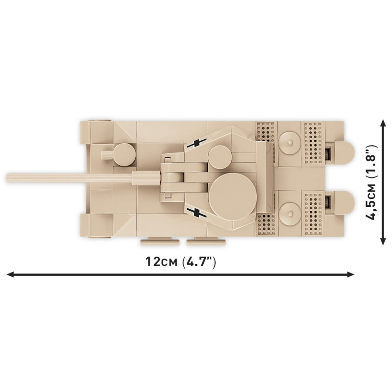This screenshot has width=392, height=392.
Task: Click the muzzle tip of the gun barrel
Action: [x=7, y=178]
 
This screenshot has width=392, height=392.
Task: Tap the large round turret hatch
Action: [x=233, y=196]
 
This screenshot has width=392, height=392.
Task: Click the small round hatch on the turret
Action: [x=219, y=157]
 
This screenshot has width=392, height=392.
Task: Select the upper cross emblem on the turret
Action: [x=197, y=143]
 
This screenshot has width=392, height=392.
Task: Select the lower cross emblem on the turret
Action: [x=197, y=213]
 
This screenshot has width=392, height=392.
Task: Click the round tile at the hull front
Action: [x=124, y=154]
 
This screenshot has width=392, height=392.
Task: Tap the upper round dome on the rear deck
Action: [x=290, y=143]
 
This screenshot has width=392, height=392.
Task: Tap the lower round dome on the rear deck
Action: [x=290, y=214]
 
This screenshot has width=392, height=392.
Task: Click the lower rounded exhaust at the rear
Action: [x=344, y=203]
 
